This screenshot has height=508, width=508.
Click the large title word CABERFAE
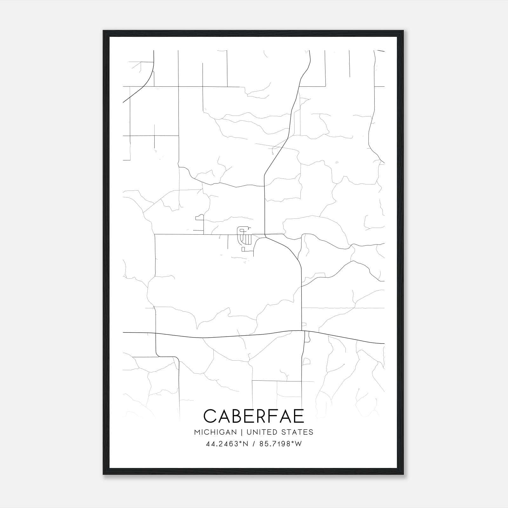click(254, 416)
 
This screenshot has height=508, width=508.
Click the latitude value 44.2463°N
click(227, 444)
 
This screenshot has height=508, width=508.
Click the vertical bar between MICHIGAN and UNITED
click(242, 432)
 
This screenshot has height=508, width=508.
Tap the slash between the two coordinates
click(254, 444)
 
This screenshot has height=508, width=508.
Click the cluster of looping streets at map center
click(244, 236)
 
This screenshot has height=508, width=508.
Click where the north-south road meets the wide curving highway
click(301, 331)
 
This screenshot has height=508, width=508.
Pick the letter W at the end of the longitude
click(298, 444)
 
